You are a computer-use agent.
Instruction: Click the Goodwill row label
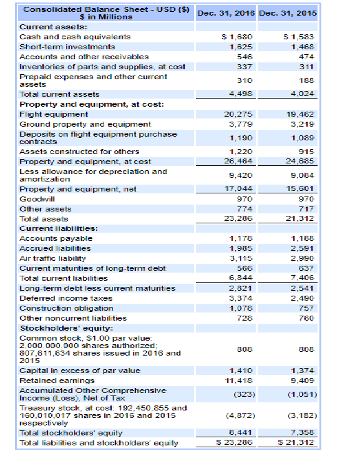tap(36, 199)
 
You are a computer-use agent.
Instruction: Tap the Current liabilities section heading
tap(55, 228)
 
